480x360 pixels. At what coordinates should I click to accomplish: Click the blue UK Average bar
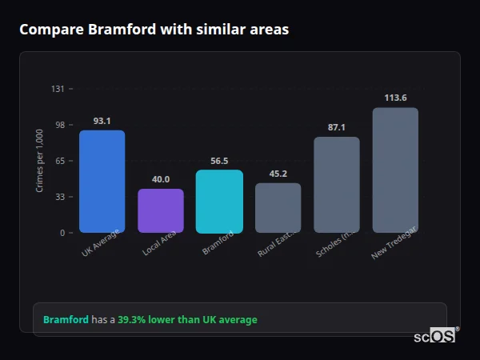[x=102, y=182]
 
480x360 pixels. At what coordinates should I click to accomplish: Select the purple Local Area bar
[x=161, y=211]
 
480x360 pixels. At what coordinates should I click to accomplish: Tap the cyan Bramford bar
[x=219, y=202]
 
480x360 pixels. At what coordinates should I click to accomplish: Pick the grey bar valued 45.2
[x=278, y=208]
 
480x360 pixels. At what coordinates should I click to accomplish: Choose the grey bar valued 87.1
[x=337, y=185]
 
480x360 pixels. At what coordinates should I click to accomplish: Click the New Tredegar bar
[x=395, y=170]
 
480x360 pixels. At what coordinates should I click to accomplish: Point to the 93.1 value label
[x=102, y=121]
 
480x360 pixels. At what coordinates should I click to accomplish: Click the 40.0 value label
[x=161, y=179]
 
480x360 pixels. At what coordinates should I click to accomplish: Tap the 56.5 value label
[x=219, y=161]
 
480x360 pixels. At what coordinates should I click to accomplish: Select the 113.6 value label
[x=395, y=98]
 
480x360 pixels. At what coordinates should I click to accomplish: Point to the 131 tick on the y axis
[x=58, y=89]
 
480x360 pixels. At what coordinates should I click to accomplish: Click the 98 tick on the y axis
[x=59, y=125]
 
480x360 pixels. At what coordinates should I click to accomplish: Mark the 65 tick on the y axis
[x=59, y=161]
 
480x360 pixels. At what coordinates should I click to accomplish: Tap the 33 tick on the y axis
[x=59, y=197]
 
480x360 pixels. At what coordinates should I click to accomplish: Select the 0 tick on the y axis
[x=62, y=233]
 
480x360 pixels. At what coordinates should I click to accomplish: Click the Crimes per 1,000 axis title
[x=40, y=160]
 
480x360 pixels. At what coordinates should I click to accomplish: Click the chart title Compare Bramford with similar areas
[x=154, y=30]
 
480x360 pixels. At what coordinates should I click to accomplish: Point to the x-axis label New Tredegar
[x=392, y=244]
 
